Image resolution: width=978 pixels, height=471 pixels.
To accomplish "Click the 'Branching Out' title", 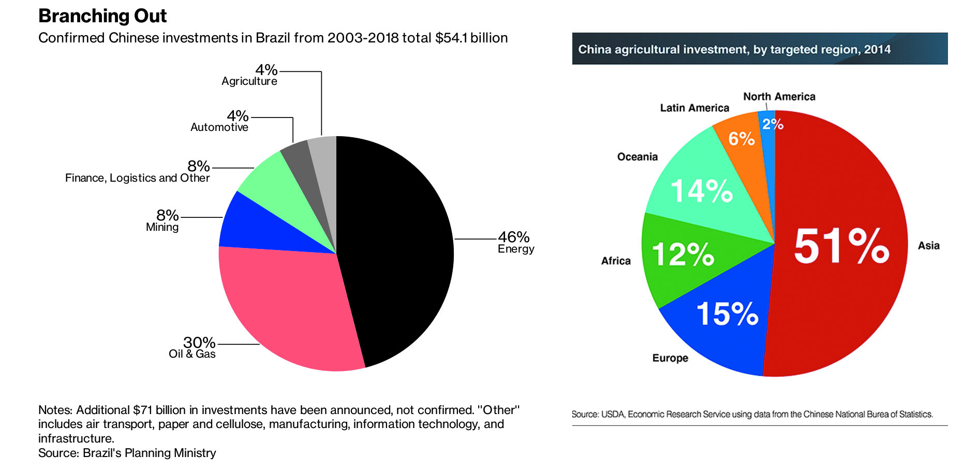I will pos(102,16).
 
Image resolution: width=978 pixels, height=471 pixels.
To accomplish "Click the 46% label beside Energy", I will pos(514,237).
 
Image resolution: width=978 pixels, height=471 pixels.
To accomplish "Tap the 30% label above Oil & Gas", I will pos(199,343).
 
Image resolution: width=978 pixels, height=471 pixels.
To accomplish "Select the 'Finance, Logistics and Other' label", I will pos(138,178).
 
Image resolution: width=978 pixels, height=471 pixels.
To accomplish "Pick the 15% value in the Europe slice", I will pos(727,314).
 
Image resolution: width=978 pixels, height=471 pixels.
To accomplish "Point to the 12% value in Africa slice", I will pos(683,254).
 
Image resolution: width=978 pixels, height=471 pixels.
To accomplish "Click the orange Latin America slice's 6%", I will pos(742,139).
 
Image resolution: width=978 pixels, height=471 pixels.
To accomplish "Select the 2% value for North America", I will pos(773,124).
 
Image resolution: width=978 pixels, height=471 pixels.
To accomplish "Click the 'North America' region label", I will pos(779,97).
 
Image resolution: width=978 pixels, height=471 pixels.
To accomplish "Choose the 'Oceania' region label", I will pos(638,157).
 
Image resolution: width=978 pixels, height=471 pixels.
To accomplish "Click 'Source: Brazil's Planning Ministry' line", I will pos(127,453).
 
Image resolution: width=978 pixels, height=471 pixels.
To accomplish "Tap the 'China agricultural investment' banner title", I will pos(734,50).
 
